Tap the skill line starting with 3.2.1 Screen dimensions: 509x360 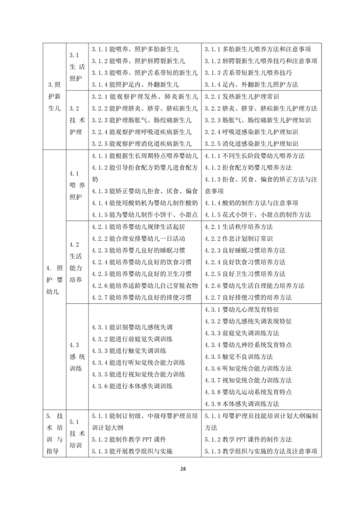click(141, 96)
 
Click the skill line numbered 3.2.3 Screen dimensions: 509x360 click(141, 120)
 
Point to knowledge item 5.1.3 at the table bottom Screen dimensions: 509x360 click(261, 451)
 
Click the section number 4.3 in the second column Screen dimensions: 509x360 click(75, 345)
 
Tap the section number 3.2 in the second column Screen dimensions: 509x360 click(75, 109)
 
